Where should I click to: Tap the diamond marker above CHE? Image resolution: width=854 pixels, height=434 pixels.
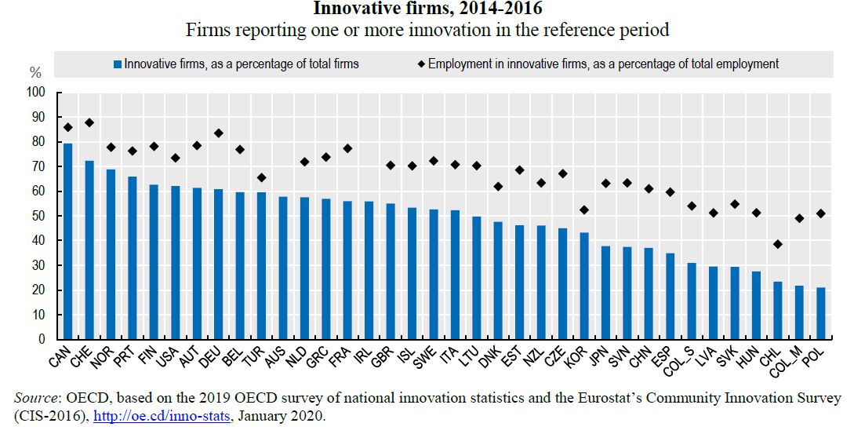89,122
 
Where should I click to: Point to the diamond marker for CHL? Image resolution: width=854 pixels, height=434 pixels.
778,244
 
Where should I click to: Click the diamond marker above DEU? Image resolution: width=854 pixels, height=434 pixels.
218,133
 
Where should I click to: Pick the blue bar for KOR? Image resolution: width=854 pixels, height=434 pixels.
584,286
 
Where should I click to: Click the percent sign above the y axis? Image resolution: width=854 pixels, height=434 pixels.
35,72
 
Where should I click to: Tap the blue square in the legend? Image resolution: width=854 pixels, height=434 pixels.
118,64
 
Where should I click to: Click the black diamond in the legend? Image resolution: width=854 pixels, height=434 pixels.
420,64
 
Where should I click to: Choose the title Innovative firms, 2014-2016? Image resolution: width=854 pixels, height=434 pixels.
427,9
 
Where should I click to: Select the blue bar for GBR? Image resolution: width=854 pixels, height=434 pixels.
391,272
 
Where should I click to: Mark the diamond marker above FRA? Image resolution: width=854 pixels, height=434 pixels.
347,148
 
